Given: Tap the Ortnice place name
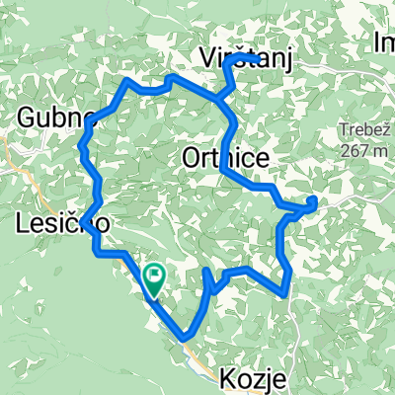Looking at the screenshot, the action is point(223,157).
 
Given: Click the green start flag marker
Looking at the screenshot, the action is point(155,279).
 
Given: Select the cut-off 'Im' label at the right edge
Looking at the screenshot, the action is point(384,41).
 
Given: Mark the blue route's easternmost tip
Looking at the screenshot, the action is point(314,202).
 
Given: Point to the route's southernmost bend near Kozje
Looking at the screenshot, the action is point(186,339).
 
